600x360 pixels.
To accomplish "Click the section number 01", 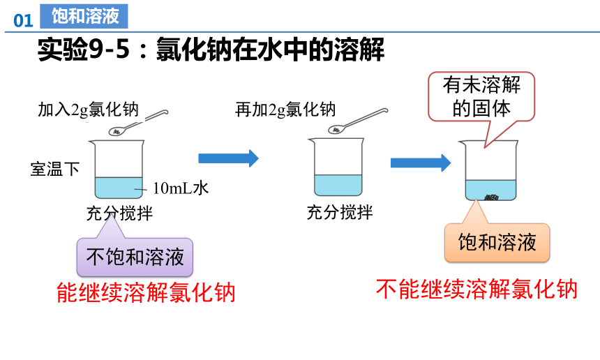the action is coord(23,21).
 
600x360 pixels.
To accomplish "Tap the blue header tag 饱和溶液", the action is coord(84,16).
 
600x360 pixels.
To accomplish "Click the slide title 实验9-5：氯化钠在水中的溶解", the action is coord(211,50).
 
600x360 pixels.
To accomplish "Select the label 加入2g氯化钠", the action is coord(88,110).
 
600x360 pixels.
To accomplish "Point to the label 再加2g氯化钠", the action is coord(285,110).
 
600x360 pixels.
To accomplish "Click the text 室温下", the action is coord(55,169).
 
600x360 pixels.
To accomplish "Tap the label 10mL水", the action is coord(181,188).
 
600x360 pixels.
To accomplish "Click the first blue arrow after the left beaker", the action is coord(228,158).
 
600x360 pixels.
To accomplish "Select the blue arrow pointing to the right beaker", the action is coord(421,163).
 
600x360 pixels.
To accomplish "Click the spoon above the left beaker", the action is coord(138,122).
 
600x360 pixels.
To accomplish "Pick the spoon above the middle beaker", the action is coord(358,121).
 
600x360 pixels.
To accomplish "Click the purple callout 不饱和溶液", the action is coord(135,257).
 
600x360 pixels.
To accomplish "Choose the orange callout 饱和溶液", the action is coord(497,242).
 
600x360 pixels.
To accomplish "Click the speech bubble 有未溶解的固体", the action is coord(481,96).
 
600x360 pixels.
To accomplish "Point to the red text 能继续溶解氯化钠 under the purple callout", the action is coord(146,292).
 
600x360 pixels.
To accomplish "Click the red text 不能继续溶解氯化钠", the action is coord(477,289).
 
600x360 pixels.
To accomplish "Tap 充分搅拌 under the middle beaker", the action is coord(340,212).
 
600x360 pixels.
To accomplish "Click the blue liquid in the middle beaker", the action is coord(338,185).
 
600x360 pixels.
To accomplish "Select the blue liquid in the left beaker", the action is coord(119,188).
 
